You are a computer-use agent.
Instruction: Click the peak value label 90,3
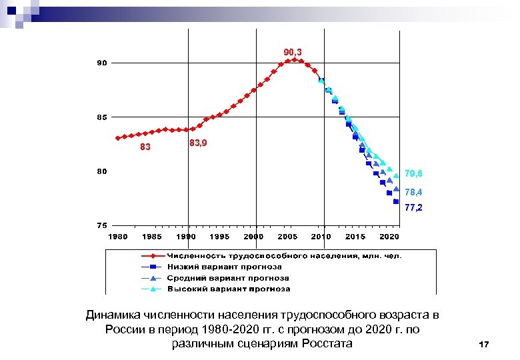point(293,52)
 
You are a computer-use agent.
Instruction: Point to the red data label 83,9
point(198,143)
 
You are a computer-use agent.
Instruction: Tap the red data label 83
point(145,147)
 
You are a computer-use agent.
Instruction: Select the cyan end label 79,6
point(413,173)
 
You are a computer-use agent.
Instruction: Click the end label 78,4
point(413,192)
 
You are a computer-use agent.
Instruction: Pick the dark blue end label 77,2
point(413,208)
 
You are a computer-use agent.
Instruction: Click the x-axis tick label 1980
point(118,237)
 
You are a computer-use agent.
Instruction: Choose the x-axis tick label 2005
point(287,237)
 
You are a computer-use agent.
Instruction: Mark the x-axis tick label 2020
point(389,237)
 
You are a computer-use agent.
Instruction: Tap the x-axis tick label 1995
point(220,237)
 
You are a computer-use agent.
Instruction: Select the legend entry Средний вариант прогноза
point(227,278)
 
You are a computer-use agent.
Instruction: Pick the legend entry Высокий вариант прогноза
point(228,289)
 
